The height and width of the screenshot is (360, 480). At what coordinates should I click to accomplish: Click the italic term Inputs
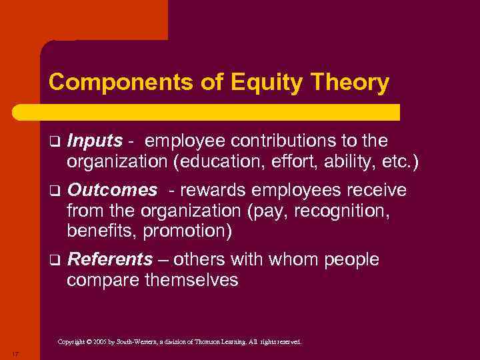[x=95, y=141]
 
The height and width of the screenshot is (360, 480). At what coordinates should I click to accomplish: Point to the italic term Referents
[x=110, y=259]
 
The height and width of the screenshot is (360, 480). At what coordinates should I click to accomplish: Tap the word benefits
[x=97, y=231]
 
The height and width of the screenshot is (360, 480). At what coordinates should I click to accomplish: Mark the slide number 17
[x=14, y=352]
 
